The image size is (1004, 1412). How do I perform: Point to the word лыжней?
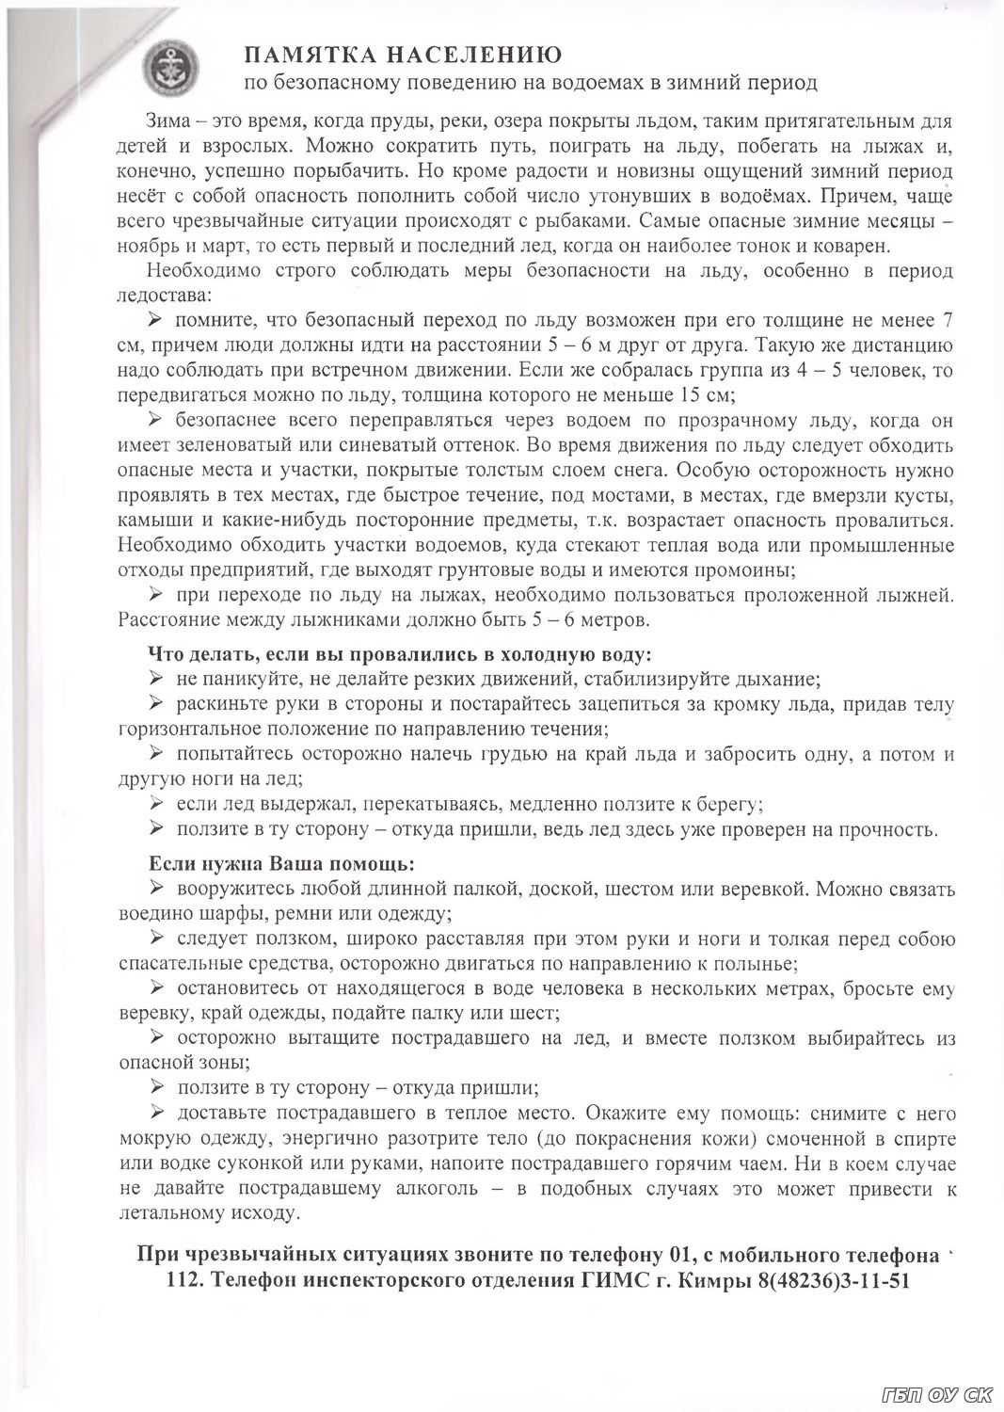(x=922, y=595)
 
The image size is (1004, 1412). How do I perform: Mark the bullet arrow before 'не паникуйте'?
(x=156, y=678)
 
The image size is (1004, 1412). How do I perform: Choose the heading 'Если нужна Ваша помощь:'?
(x=281, y=862)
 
